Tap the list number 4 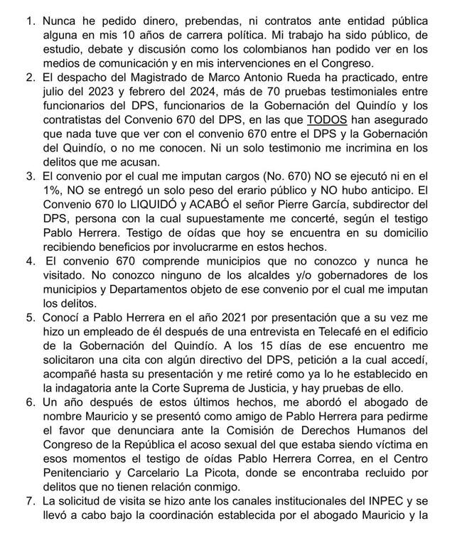tap(29, 260)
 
